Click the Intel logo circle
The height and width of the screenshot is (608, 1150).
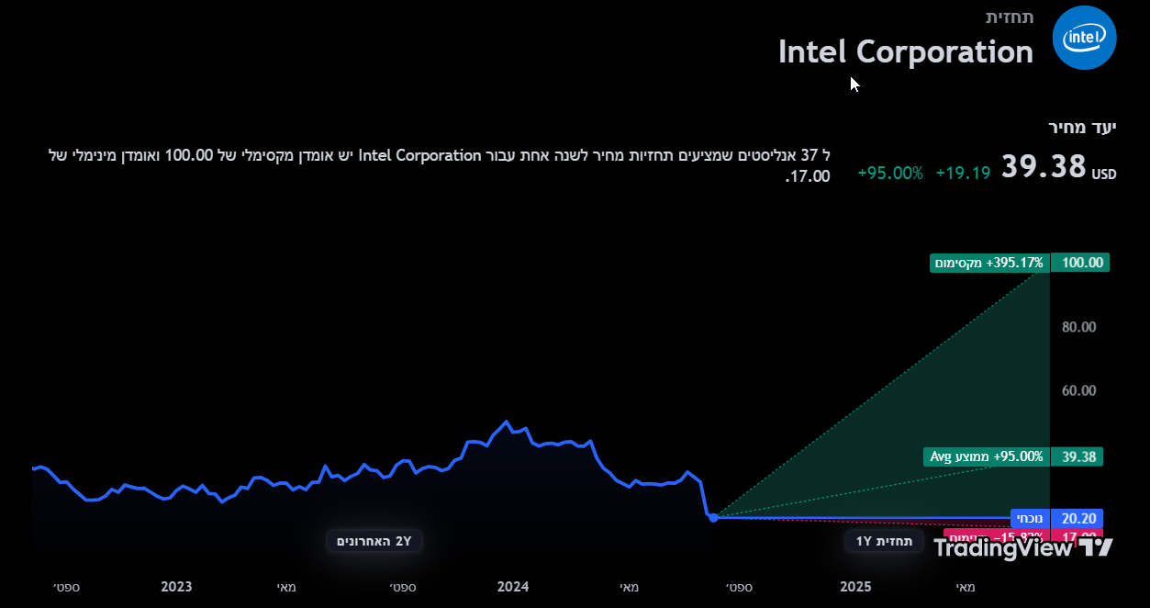(x=1084, y=38)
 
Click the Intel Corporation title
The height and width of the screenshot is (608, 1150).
(x=905, y=51)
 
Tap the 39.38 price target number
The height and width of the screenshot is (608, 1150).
(x=1044, y=167)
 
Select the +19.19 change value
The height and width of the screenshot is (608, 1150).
(x=963, y=172)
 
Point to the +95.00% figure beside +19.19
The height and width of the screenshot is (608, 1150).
(x=890, y=172)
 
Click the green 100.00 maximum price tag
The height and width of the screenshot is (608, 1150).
(x=1080, y=263)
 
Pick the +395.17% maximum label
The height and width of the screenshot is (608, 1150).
(x=989, y=263)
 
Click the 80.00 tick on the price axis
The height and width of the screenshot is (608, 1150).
(x=1078, y=327)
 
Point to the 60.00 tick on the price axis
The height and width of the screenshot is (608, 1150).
(x=1078, y=390)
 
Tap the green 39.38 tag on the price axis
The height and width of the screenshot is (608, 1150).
(x=1080, y=456)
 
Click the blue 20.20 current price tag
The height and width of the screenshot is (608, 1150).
(x=1080, y=518)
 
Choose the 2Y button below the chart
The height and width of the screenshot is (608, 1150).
(x=374, y=541)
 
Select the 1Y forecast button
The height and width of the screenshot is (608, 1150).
(x=884, y=541)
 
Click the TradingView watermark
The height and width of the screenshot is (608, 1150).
(x=1023, y=548)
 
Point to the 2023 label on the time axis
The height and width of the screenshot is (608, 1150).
(x=176, y=587)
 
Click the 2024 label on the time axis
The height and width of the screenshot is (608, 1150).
(x=512, y=587)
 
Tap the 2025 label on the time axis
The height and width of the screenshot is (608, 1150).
(x=855, y=587)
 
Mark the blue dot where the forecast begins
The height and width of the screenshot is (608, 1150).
(x=713, y=518)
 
